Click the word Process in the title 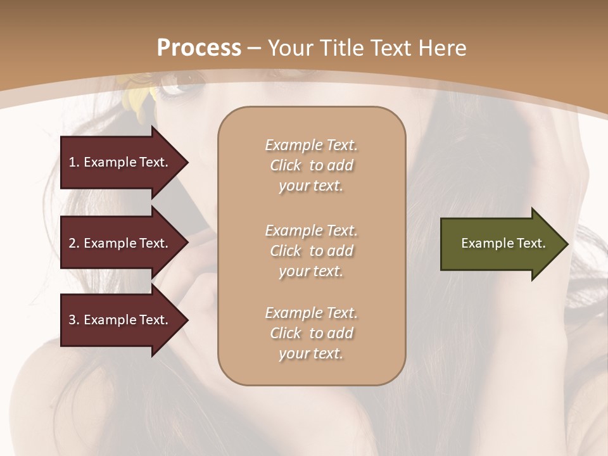click(199, 48)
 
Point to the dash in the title click(254, 49)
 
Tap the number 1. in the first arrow click(74, 162)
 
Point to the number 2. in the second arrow click(74, 243)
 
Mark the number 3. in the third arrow click(74, 320)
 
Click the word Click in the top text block click(285, 165)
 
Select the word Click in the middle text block click(285, 251)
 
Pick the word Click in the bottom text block click(285, 333)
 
